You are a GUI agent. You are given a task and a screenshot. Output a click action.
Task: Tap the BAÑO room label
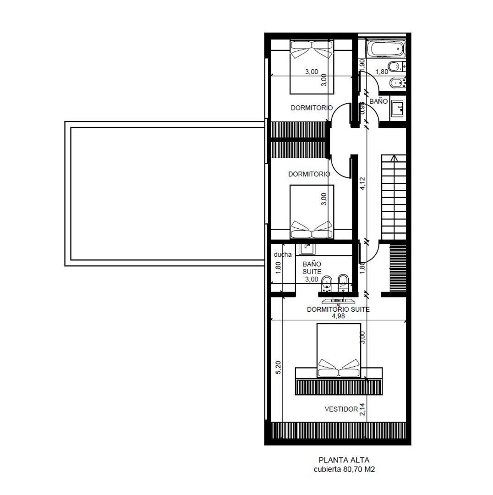[378, 101]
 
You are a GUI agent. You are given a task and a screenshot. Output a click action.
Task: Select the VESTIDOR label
[341, 409]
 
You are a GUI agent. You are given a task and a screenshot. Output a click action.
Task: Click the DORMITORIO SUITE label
[338, 309]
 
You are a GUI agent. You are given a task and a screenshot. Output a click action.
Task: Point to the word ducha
[283, 255]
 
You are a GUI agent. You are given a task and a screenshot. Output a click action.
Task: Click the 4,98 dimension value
[338, 316]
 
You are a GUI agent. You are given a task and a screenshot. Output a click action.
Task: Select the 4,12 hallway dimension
[362, 183]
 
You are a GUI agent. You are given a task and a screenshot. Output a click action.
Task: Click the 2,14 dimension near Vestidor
[362, 409]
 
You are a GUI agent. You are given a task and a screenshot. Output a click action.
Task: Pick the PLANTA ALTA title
[344, 460]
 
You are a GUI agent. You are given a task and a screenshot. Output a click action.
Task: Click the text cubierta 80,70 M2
[344, 469]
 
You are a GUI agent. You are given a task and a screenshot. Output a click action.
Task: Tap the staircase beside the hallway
[394, 197]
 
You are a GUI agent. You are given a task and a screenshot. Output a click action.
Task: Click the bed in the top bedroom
[312, 66]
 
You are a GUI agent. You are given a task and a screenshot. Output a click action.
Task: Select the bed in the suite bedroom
[339, 351]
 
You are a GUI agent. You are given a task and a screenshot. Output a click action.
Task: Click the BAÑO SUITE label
[312, 268]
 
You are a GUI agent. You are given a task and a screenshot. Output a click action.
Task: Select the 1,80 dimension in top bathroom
[382, 72]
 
